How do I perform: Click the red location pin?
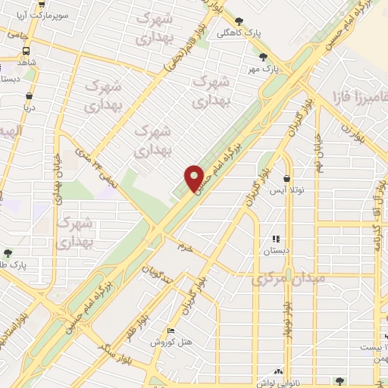pyautogui.click(x=194, y=177)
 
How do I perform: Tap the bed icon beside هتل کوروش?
pyautogui.click(x=171, y=332)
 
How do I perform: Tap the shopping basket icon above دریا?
pyautogui.click(x=29, y=96)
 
